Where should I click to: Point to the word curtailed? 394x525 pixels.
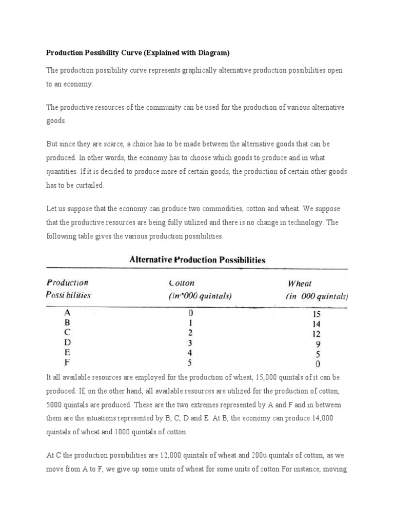pyautogui.click(x=89, y=185)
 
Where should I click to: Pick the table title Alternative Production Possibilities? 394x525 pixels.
pyautogui.click(x=196, y=259)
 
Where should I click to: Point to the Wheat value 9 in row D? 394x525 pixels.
pyautogui.click(x=318, y=342)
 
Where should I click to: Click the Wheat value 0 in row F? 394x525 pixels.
pyautogui.click(x=318, y=364)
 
